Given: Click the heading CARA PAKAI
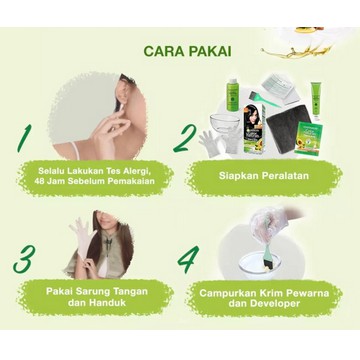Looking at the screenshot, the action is coord(187,51).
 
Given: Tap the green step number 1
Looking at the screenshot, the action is coord(24,139).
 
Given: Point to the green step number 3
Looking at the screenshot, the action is coord(24,259).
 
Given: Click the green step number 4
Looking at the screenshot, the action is coord(188,259).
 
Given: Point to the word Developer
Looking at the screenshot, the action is coord(279,304).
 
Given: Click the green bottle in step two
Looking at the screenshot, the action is coord(232,94).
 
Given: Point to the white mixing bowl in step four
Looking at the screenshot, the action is coord(260,265).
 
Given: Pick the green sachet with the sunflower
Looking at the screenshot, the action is coord(308,139).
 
